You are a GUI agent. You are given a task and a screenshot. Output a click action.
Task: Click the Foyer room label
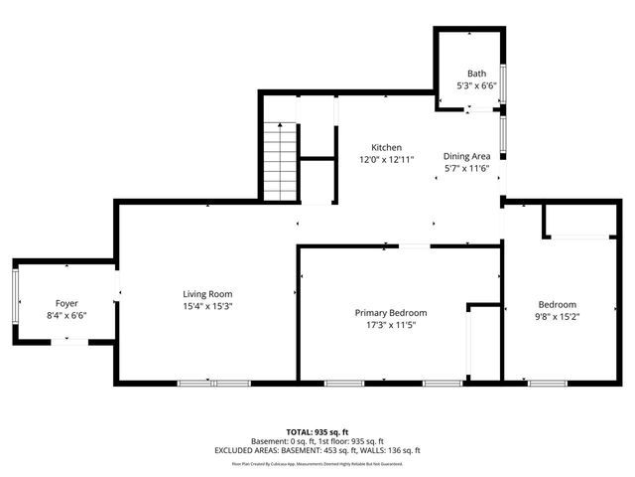(66, 303)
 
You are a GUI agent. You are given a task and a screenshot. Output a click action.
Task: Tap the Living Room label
(207, 293)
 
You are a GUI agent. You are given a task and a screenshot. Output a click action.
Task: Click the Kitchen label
(386, 147)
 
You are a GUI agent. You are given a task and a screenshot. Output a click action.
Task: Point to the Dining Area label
(466, 156)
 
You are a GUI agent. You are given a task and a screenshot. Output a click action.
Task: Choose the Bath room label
(477, 74)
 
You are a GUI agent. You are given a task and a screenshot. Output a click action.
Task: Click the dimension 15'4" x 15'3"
(207, 306)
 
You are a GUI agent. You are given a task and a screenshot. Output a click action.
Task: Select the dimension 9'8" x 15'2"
(557, 317)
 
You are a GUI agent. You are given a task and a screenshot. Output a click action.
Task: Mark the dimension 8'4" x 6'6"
(66, 315)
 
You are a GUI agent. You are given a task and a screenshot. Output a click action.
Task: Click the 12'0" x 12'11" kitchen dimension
(386, 159)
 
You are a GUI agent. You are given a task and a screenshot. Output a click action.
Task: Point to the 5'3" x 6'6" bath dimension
(477, 85)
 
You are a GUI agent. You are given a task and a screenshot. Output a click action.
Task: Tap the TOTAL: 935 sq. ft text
(317, 432)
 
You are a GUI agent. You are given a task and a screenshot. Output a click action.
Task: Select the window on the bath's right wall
(503, 83)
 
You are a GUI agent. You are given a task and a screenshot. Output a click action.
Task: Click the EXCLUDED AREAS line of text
(317, 450)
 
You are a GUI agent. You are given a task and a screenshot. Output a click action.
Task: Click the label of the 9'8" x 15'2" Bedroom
(557, 304)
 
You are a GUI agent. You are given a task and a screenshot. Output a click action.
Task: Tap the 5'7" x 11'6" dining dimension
(466, 168)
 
